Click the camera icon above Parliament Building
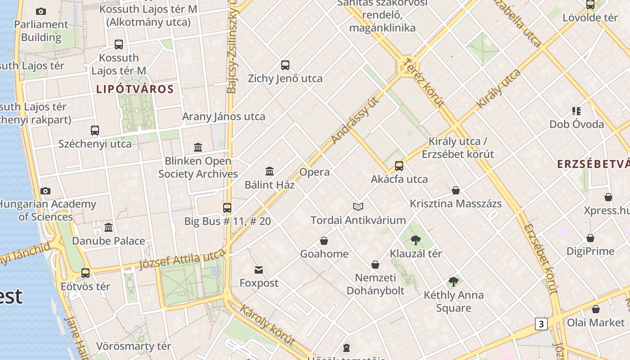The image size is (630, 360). [41, 11]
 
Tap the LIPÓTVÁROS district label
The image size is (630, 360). [135, 89]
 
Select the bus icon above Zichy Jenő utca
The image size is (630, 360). [285, 65]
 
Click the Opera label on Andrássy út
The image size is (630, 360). [315, 172]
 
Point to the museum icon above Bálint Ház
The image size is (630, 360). [270, 171]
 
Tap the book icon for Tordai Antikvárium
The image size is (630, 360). [358, 207]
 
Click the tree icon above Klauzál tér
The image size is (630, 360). [416, 240]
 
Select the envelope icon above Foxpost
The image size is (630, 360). [259, 270]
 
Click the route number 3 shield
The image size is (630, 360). [541, 324]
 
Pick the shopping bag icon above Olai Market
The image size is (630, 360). [596, 309]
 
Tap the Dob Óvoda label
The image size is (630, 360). [576, 124]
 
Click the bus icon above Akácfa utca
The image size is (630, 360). [399, 166]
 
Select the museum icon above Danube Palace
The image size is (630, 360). [108, 227]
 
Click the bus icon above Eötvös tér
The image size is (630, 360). [85, 273]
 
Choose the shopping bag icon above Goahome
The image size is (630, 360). [324, 241]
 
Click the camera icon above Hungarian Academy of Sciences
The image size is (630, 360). [45, 191]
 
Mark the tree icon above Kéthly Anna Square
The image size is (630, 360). [454, 282]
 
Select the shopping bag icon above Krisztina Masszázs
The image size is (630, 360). [456, 190]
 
